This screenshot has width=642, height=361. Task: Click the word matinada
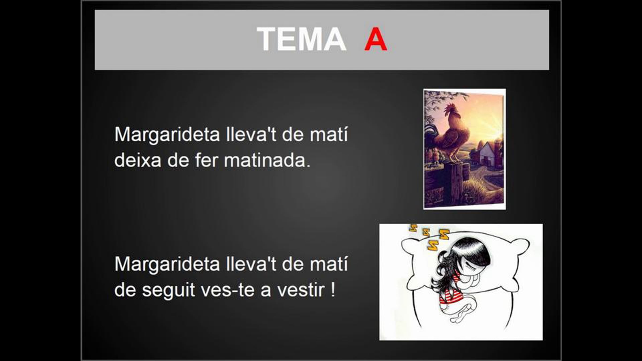tap(267, 160)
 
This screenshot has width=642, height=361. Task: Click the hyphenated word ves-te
tap(228, 290)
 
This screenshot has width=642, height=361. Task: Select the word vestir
tap(301, 290)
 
